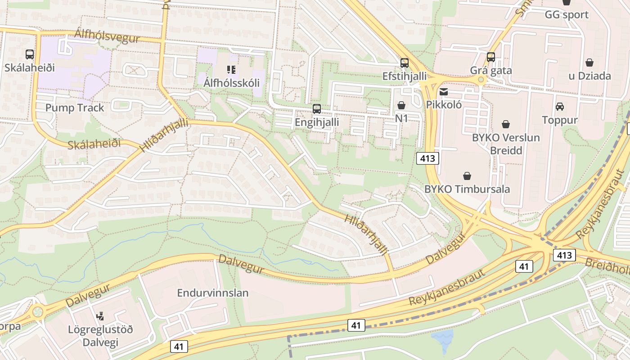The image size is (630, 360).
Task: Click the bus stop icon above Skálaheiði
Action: point(30,54)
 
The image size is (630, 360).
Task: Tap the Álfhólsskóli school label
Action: point(231,83)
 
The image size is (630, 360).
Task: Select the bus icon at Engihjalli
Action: point(317,109)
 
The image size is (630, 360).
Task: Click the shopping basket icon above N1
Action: point(401,105)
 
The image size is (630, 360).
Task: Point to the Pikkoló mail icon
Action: point(444,92)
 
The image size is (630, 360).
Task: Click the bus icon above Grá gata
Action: point(491,57)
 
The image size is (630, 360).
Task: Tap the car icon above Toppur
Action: point(560,107)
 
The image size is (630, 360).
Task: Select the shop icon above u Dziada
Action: point(589,63)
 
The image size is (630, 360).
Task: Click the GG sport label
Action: point(567,15)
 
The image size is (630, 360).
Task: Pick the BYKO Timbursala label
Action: point(467,189)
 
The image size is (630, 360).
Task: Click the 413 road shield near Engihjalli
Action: point(427,158)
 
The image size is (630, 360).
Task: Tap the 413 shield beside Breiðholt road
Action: point(564,256)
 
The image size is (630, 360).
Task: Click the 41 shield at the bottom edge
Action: point(179,346)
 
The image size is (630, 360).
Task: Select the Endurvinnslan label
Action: point(212,293)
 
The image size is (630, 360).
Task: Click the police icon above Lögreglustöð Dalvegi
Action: point(100,316)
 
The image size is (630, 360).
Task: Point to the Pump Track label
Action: point(75,108)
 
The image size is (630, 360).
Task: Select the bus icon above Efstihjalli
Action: point(405,63)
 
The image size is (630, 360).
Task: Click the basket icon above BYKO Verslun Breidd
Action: point(506,124)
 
